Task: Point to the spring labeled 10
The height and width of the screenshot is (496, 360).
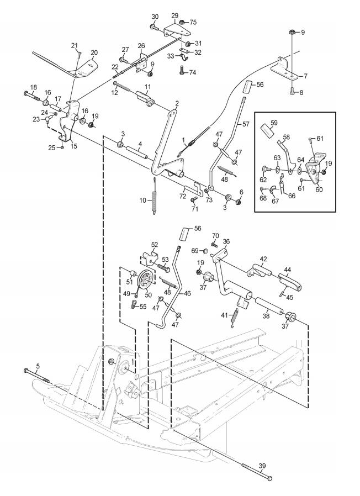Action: [x=155, y=196]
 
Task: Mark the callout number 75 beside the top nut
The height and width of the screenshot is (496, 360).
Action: [x=193, y=22]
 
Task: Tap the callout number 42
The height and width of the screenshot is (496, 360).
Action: [x=264, y=258]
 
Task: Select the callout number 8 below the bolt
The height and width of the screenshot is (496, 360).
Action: [x=300, y=93]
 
